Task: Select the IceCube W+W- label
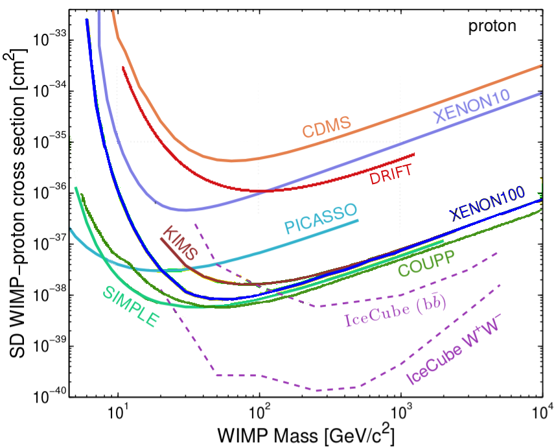454,352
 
